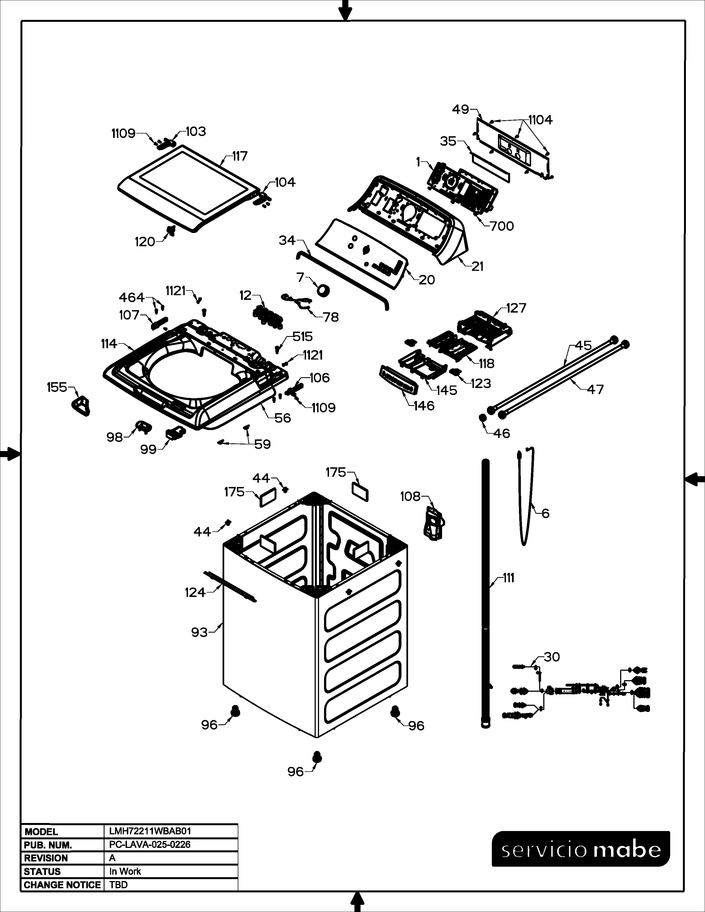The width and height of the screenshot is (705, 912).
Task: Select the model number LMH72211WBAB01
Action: pyautogui.click(x=150, y=831)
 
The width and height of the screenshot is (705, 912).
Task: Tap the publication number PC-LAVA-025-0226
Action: pyautogui.click(x=150, y=844)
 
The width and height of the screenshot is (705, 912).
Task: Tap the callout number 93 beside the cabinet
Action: pyautogui.click(x=199, y=632)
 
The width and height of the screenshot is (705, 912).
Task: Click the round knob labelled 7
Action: pyautogui.click(x=323, y=289)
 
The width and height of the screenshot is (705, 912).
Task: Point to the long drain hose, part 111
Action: pyautogui.click(x=485, y=593)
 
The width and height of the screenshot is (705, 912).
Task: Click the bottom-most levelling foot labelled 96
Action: pyautogui.click(x=317, y=757)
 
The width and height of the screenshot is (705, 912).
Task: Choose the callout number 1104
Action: pyautogui.click(x=540, y=120)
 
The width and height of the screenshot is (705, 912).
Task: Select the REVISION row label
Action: pyautogui.click(x=46, y=858)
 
